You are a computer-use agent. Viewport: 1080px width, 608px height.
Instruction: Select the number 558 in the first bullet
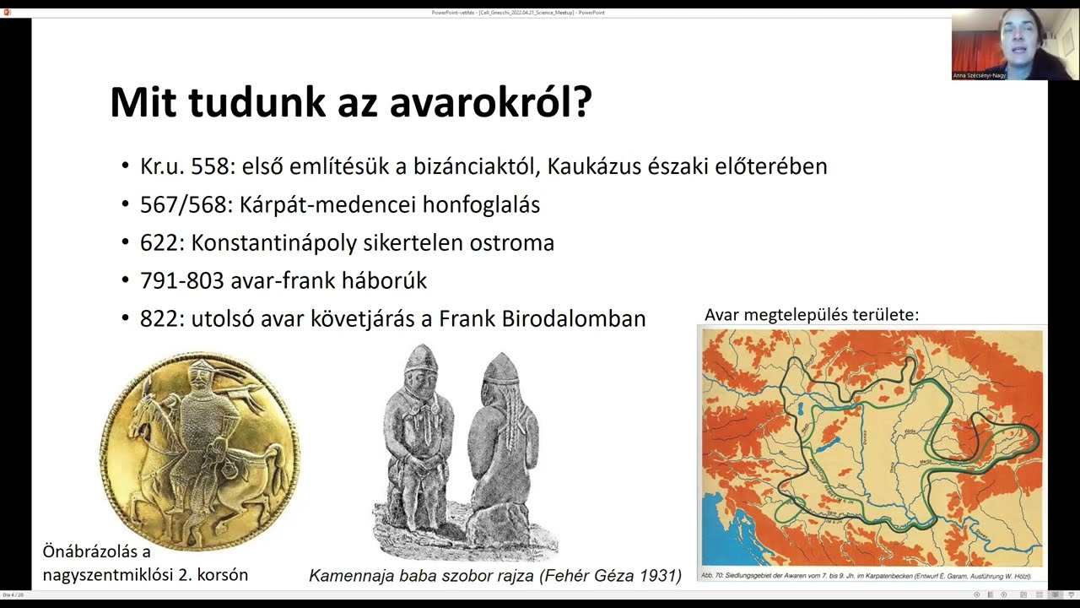pos(210,166)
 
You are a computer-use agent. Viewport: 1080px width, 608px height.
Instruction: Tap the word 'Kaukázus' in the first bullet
pos(597,166)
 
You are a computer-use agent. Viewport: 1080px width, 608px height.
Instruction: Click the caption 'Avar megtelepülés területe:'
pos(811,315)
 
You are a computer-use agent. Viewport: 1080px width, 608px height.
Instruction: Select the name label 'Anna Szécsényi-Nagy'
pos(979,75)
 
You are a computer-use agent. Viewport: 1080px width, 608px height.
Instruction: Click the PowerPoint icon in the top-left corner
pos(8,13)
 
